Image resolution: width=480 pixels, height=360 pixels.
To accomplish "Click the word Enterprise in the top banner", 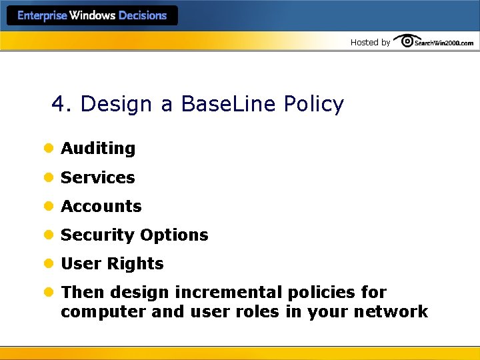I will coord(43,15).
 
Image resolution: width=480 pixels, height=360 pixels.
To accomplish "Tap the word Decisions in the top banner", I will coord(143,15).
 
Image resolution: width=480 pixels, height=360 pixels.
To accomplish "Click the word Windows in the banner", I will coord(93,15).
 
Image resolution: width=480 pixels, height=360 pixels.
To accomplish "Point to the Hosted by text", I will coord(370,43).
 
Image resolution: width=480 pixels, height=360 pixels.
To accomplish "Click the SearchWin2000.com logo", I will coord(434,42).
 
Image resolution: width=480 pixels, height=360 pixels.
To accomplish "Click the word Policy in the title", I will coord(313,105).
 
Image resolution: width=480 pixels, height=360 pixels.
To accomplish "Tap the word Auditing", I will coord(98,149).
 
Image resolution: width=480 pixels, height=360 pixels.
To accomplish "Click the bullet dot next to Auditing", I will coord(48,149).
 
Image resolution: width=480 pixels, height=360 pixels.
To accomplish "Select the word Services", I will coord(98,178).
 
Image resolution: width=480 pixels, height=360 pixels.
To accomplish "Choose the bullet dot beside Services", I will coord(48,178).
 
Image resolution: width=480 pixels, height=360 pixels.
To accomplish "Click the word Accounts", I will coord(101,207).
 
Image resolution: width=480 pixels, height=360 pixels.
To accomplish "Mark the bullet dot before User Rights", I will coord(48,264).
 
